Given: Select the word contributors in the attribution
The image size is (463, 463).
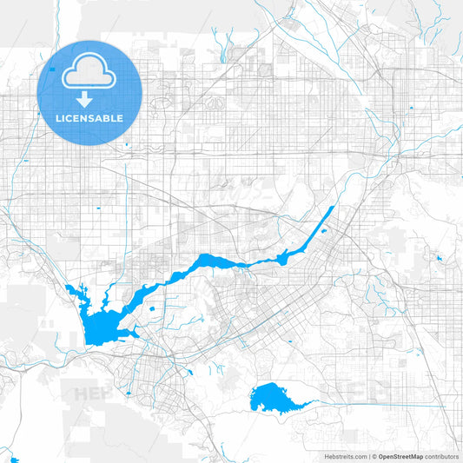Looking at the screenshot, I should [x=441, y=456].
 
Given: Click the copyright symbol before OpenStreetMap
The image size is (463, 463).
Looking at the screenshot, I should [x=374, y=456].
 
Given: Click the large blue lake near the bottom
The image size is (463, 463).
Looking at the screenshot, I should [x=274, y=398].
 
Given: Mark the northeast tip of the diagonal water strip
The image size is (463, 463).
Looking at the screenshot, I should [x=333, y=208].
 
